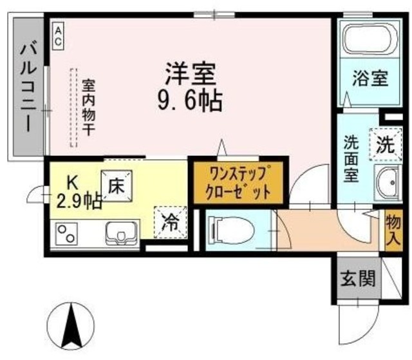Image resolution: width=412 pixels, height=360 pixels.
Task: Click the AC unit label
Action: (58, 35)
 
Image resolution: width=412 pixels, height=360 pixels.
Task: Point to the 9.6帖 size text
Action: (190, 99)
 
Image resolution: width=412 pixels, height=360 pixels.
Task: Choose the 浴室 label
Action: (370, 79)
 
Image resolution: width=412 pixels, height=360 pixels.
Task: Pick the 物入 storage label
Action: (392, 230)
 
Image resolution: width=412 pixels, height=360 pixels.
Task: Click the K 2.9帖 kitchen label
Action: (77, 193)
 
